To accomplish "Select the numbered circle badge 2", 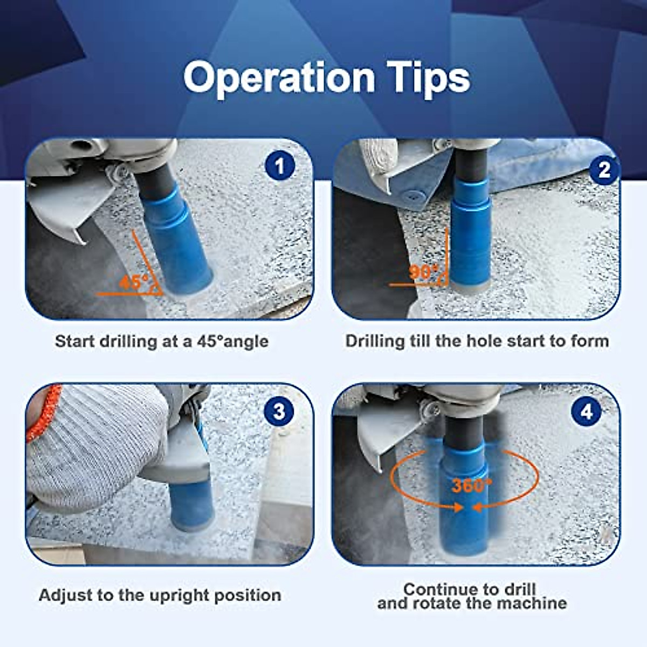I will coord(604,170).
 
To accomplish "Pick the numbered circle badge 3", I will coord(279,412).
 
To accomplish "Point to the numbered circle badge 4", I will coord(587,412).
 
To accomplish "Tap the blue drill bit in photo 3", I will coord(188,501).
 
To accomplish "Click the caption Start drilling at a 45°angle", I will coord(162,341).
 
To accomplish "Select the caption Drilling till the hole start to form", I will coord(477,341).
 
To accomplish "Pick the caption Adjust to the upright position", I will coord(160,595).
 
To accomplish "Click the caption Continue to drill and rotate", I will coord(472,596).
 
